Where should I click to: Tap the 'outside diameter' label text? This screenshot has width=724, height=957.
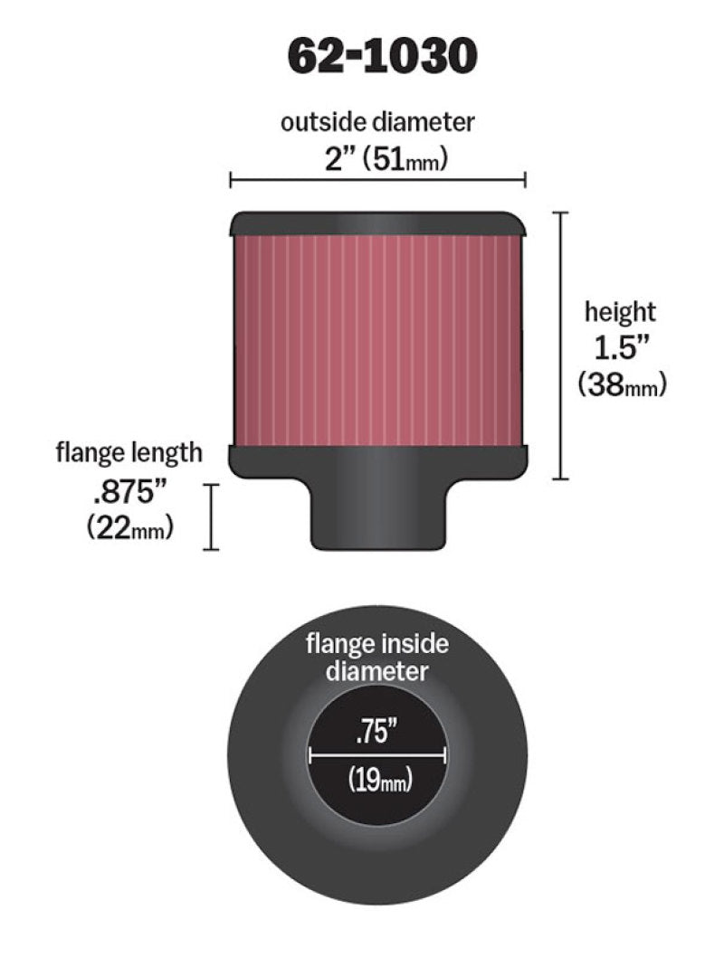(x=376, y=122)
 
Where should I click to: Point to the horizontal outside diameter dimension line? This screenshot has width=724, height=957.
(x=377, y=181)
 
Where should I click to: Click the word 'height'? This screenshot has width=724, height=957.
(x=620, y=313)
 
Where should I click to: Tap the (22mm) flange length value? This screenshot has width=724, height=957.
(x=129, y=528)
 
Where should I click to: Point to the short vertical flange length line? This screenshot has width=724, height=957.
(x=213, y=516)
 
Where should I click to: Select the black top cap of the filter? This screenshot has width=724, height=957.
(x=378, y=223)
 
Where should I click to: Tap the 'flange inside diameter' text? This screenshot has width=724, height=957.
(x=377, y=658)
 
